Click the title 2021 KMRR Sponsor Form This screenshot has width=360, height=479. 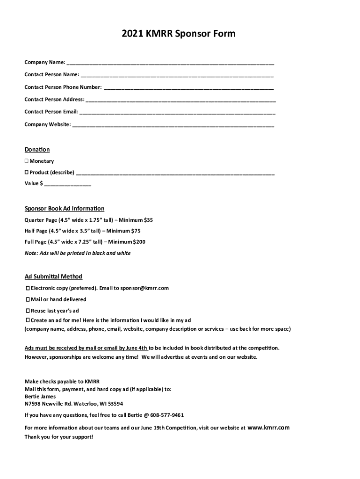coord(179,34)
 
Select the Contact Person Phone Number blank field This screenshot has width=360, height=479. coord(188,87)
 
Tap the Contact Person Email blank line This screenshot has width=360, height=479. coord(177,112)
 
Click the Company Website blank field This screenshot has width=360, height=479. coord(173,125)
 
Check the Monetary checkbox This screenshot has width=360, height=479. coord(27,161)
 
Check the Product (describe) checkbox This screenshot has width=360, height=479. coord(27,173)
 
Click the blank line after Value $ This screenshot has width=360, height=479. coord(68,184)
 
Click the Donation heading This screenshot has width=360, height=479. coord(37,150)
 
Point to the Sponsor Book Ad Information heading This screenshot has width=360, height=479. coord(65,209)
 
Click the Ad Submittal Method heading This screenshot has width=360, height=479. coord(53,276)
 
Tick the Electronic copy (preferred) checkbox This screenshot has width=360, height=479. coord(28,289)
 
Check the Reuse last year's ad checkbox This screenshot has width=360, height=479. coord(28,311)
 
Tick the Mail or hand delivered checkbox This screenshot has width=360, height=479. coord(28,300)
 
